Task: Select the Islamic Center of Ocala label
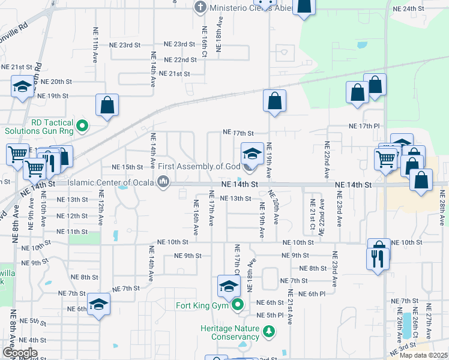click(111, 182)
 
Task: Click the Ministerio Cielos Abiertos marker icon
click(200, 8)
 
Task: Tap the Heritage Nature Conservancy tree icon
click(271, 331)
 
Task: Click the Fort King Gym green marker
click(238, 305)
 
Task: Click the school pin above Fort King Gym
click(229, 286)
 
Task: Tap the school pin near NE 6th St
click(98, 303)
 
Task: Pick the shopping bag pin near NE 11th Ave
click(107, 105)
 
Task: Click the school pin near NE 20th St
click(23, 87)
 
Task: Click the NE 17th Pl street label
click(364, 127)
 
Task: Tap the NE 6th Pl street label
click(324, 293)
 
